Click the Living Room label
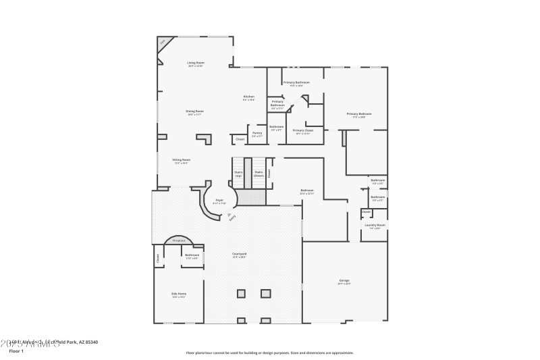[x=196, y=63]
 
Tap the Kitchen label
[x=249, y=97]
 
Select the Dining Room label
[x=195, y=111]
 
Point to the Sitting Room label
[x=181, y=160]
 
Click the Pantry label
[x=257, y=133]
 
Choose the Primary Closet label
[x=303, y=130]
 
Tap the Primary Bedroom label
[x=359, y=114]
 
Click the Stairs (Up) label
[x=238, y=173]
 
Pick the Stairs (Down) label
[x=259, y=173]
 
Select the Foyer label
[x=219, y=200]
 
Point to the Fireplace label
[x=179, y=240]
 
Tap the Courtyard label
[x=239, y=254]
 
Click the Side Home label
[x=179, y=293]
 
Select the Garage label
[x=344, y=280]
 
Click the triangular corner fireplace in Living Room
[x=163, y=42]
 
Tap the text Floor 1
[x=16, y=351]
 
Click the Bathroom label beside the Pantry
[x=277, y=127]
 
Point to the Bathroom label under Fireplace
[x=192, y=255]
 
